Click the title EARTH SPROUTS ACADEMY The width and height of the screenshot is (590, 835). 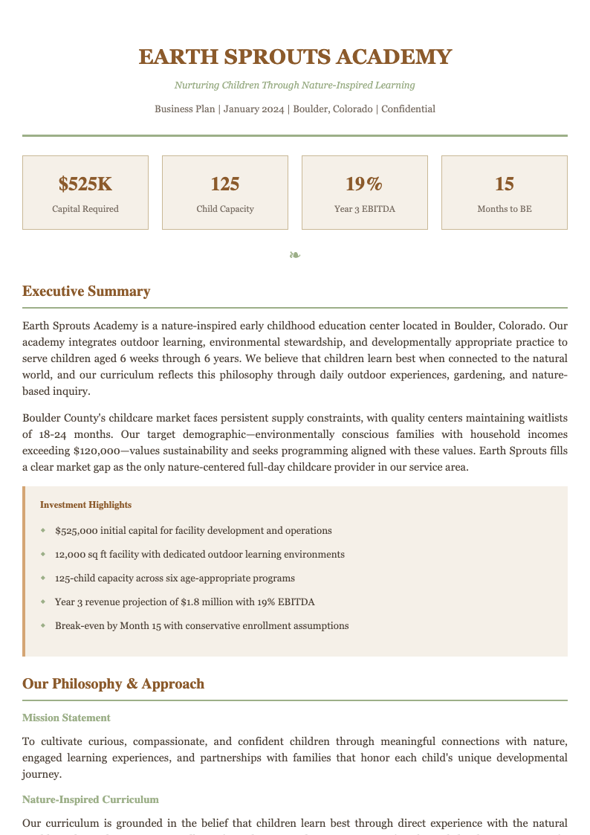click(295, 57)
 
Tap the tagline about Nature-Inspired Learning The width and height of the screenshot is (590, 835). click(295, 86)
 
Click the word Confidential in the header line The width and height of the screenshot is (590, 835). click(408, 109)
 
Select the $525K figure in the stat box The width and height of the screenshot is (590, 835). click(85, 184)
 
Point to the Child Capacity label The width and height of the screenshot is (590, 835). click(225, 209)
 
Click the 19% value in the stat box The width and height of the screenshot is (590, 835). click(364, 184)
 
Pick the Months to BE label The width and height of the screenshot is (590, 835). click(504, 209)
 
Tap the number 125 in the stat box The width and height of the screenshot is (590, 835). click(225, 184)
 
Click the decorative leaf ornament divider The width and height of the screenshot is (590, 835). click(295, 255)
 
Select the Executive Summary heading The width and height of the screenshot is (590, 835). click(86, 291)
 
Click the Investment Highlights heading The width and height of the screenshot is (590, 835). click(85, 505)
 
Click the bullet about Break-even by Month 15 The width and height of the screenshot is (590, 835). click(201, 625)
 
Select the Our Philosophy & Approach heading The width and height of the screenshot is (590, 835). click(113, 684)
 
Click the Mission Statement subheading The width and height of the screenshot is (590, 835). click(66, 718)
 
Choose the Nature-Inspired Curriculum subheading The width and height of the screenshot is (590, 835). click(91, 799)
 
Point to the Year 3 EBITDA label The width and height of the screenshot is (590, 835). click(364, 209)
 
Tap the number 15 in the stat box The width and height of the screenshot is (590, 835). click(504, 184)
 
